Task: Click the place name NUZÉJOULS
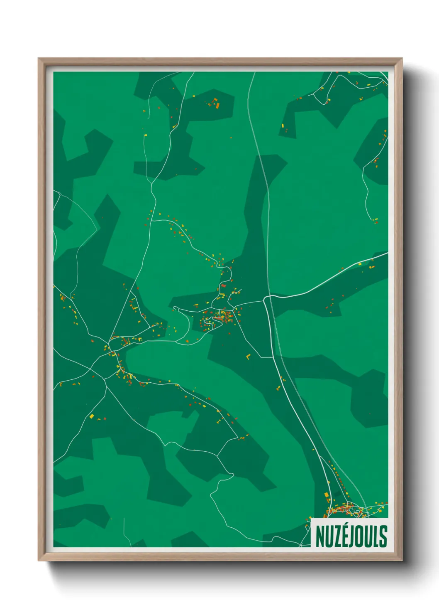click(x=351, y=536)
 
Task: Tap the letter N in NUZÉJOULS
click(x=320, y=536)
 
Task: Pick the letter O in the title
click(x=364, y=536)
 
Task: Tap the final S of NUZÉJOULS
click(x=384, y=536)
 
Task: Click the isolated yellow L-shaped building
click(x=248, y=357)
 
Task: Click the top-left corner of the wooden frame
click(x=39, y=59)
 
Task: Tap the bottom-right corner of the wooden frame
click(x=402, y=560)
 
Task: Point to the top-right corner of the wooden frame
click(x=402, y=59)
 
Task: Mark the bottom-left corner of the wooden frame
click(x=39, y=560)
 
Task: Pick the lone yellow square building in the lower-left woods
click(x=91, y=416)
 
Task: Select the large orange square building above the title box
click(x=327, y=495)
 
